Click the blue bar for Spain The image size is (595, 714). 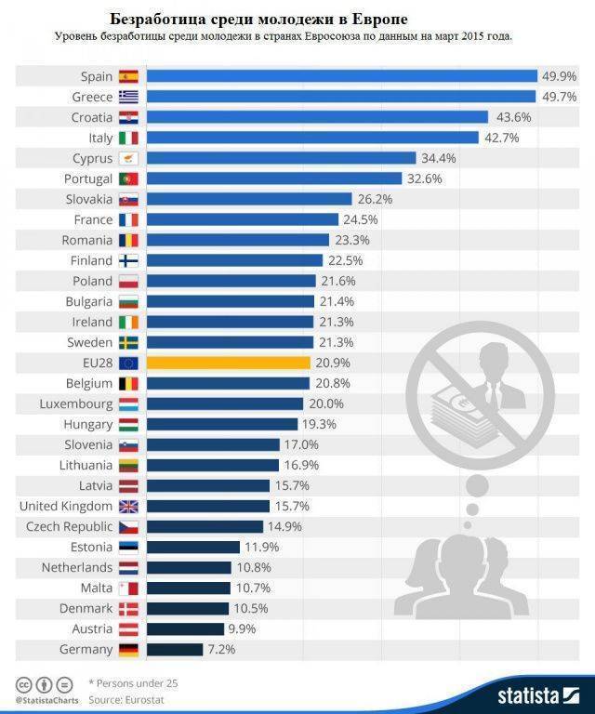342,76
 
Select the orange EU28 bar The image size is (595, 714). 228,363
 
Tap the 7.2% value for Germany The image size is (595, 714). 222,649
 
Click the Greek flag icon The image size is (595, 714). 128,97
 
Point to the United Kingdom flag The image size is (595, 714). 128,506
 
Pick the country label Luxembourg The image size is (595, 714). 76,403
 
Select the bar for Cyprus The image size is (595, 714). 281,158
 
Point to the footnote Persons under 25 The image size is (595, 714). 132,682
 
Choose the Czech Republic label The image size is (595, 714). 66,526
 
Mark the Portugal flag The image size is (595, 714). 128,178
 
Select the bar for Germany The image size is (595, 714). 175,649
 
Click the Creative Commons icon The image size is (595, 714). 20,682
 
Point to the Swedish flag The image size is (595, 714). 128,342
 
